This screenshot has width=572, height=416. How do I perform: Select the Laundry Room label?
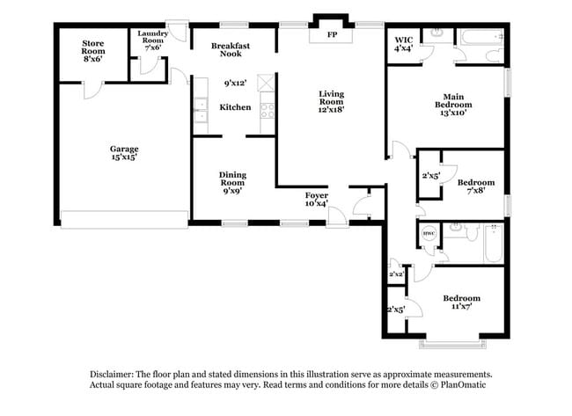click(152, 41)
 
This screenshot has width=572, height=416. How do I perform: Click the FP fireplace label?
click(332, 35)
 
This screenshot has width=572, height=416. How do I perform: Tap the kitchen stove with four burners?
click(268, 111)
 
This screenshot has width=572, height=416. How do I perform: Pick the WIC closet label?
click(404, 44)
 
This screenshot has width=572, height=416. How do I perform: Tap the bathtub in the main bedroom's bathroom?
click(480, 38)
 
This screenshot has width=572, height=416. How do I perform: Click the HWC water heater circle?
click(429, 234)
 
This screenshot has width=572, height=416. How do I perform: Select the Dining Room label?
click(232, 181)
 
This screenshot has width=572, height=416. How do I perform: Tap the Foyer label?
click(317, 199)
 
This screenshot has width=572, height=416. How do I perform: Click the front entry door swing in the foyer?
click(361, 208)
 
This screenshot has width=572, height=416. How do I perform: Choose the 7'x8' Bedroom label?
click(472, 186)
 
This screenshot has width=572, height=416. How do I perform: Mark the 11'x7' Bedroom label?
click(461, 303)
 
